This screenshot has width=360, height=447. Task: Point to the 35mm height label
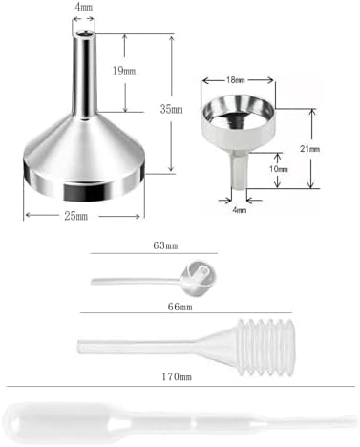click(171, 109)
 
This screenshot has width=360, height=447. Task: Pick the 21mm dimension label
click(328, 149)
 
